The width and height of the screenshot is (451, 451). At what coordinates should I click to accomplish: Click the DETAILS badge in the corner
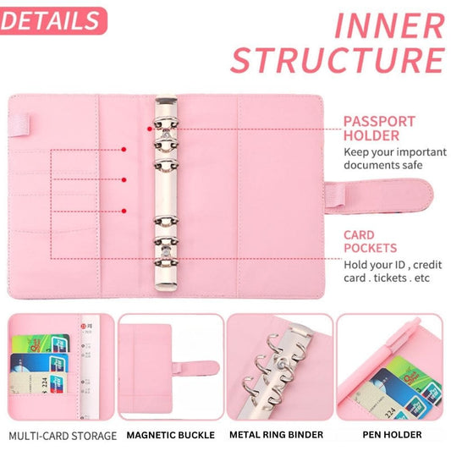pos(52,19)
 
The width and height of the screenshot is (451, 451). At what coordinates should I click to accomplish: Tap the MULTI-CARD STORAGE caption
pos(63,435)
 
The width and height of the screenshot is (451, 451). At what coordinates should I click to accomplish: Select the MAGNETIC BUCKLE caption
pos(170,435)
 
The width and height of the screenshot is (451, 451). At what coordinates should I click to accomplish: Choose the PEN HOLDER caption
pos(390,435)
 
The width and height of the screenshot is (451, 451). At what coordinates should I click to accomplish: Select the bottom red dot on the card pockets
pos(124,210)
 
